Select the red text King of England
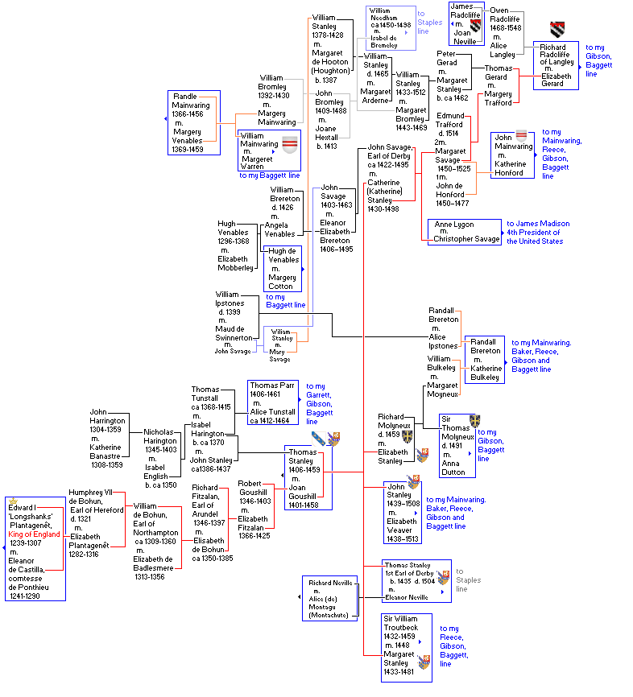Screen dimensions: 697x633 pos(34,534)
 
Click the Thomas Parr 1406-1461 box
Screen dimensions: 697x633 pos(273,402)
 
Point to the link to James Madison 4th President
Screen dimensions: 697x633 pos(538,233)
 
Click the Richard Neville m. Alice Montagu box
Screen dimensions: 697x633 pos(329,598)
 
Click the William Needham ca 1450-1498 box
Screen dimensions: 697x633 pos(390,28)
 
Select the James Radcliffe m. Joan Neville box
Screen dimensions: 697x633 pos(470,23)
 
